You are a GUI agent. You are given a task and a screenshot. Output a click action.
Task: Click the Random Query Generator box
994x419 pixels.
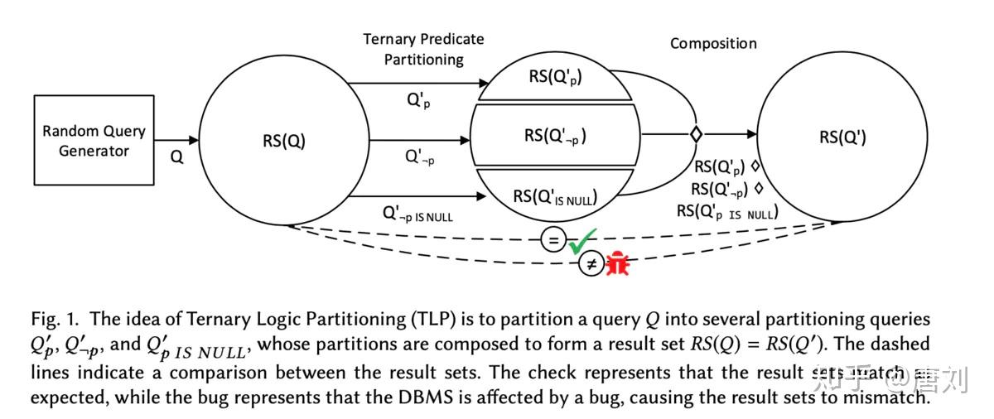(94, 140)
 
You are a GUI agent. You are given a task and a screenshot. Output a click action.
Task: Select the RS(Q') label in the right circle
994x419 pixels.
(842, 137)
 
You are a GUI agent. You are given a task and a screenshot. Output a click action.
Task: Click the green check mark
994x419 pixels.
(581, 241)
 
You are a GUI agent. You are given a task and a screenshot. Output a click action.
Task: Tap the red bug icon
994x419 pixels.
(617, 264)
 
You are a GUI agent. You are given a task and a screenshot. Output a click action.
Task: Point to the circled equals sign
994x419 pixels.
(552, 240)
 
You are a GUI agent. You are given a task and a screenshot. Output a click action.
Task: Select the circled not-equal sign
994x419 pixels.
(590, 265)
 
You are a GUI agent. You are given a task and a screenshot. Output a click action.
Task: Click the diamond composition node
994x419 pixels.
(697, 133)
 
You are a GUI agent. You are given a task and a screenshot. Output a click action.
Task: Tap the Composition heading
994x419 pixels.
(712, 44)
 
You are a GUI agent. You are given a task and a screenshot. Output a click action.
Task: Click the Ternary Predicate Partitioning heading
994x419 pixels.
(423, 49)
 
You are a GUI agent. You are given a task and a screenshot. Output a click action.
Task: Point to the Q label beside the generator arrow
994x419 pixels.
(176, 157)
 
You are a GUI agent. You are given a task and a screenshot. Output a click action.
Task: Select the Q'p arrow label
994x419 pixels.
(417, 101)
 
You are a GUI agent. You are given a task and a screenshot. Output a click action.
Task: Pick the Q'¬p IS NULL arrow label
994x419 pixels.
(417, 214)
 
